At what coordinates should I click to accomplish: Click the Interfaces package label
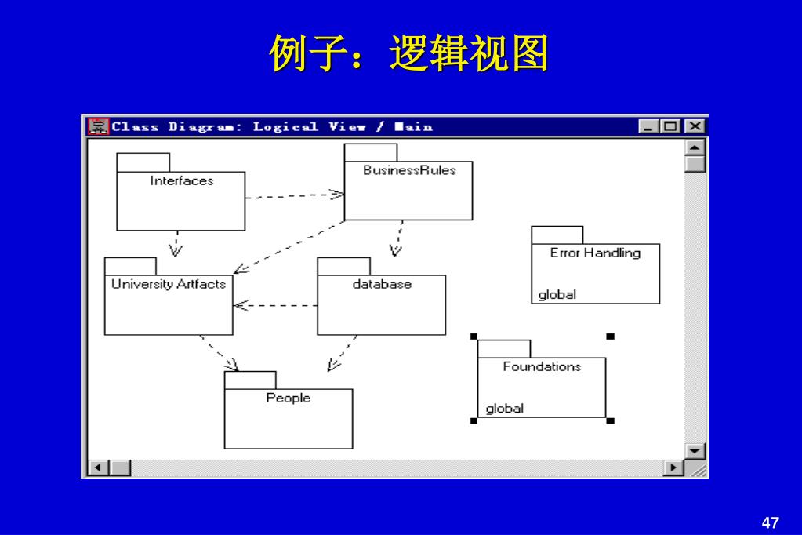tap(182, 181)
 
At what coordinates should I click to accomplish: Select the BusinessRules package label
tap(409, 170)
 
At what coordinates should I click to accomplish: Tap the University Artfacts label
tap(169, 284)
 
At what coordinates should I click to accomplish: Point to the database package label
tap(382, 284)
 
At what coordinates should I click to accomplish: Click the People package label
tap(289, 398)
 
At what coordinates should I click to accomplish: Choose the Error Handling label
tap(595, 253)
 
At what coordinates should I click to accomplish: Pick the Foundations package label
tap(542, 366)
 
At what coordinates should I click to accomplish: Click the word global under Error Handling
tap(557, 295)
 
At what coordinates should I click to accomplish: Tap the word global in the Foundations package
tap(505, 409)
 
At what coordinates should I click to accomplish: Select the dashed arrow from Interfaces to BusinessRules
tap(295, 195)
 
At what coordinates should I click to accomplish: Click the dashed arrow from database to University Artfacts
tap(275, 305)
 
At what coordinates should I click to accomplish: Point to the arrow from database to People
tap(343, 353)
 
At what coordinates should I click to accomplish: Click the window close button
tap(695, 126)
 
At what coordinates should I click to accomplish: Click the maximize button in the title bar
tap(671, 126)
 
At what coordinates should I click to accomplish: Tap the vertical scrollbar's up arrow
tap(695, 147)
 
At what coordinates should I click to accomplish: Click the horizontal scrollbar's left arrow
tap(98, 468)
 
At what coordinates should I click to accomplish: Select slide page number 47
tap(770, 522)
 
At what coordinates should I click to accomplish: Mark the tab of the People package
tap(250, 380)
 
